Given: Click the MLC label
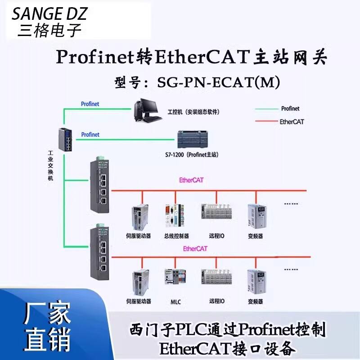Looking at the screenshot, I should (x=176, y=301).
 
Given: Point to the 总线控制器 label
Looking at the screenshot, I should (x=176, y=236).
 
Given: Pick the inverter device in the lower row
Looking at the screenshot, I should (x=255, y=281).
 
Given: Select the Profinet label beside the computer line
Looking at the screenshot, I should (x=90, y=104).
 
